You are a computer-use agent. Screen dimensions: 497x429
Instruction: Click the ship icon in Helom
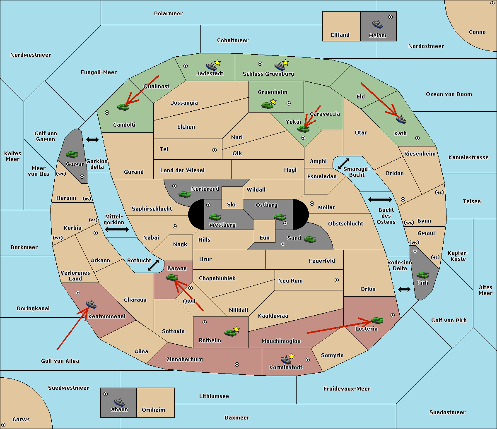point(377,24)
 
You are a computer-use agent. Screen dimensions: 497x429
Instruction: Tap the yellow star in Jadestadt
point(217,63)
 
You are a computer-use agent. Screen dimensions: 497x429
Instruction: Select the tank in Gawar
point(72,154)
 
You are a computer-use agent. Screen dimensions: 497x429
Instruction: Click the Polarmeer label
point(168,14)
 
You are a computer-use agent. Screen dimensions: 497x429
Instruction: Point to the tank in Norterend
point(184,194)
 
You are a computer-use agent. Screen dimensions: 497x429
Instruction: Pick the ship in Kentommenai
point(92,304)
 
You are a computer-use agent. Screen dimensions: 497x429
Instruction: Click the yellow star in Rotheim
point(236,329)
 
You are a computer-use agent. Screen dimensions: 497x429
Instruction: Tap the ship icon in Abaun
point(119,402)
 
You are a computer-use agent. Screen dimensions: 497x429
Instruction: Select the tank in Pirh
point(422,275)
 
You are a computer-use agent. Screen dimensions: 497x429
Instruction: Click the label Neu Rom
point(290,280)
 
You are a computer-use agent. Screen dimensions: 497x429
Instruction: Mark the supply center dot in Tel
point(215,150)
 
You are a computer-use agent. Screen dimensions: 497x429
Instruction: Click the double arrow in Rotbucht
point(153,265)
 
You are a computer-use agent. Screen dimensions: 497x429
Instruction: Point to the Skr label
point(232,204)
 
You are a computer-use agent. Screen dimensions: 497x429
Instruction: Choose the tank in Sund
point(310,239)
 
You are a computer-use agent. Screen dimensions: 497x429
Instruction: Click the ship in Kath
point(401,120)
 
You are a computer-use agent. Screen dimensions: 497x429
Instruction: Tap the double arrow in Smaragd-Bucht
point(343,163)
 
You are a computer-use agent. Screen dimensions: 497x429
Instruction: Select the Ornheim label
point(153,410)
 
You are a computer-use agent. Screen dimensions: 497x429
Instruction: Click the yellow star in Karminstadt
point(292,356)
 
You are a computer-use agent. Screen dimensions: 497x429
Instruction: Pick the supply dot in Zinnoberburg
point(237,364)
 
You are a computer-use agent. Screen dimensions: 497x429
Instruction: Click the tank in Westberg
point(215,217)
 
